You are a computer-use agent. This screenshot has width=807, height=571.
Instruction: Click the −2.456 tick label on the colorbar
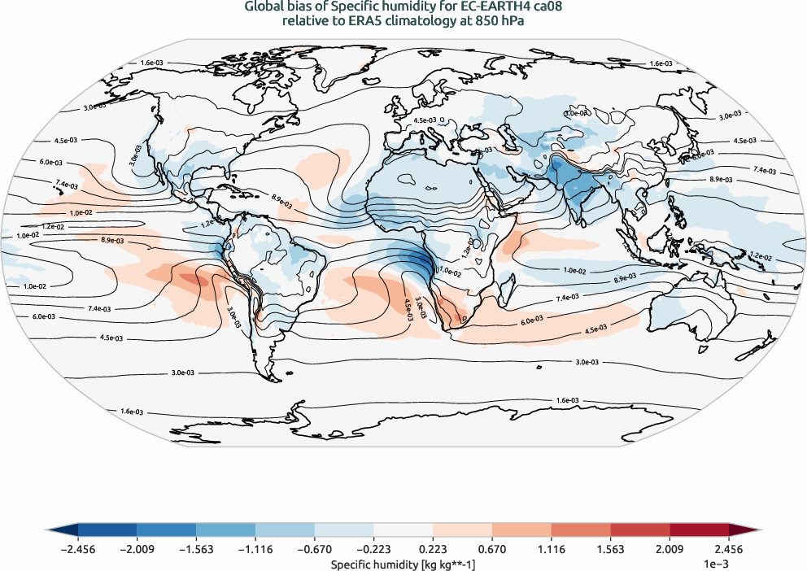tap(78, 549)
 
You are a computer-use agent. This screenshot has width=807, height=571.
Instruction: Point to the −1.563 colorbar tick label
tap(196, 549)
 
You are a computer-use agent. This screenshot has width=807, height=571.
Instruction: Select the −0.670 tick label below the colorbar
tap(314, 549)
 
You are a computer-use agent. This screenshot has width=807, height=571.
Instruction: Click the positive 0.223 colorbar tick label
tap(434, 549)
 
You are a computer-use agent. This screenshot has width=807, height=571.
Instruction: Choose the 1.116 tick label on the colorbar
tap(552, 549)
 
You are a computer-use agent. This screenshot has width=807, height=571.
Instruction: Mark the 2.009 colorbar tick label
tap(670, 549)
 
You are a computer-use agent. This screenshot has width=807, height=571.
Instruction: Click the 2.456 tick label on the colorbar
tap(729, 549)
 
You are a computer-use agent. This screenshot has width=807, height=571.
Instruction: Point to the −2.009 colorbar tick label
tap(137, 549)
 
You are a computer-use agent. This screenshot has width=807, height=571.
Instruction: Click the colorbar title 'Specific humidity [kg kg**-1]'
tap(403, 563)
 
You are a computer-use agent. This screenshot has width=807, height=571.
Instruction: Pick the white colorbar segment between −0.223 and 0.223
tap(403, 530)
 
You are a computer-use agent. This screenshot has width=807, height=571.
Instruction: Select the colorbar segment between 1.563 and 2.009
tap(640, 530)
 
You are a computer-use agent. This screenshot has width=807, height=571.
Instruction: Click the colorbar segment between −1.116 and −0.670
tap(285, 530)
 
